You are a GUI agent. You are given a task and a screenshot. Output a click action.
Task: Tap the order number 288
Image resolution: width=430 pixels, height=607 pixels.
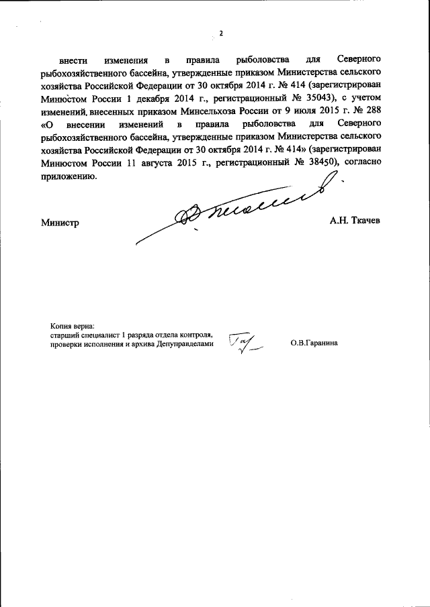pos(372,110)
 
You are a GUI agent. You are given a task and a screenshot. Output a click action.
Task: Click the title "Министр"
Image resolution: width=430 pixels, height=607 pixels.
pos(60,223)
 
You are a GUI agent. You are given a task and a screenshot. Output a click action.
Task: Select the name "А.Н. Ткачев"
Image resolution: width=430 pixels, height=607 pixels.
pos(355,221)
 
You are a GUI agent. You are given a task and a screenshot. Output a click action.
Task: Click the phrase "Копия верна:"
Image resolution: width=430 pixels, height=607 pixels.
pos(72,325)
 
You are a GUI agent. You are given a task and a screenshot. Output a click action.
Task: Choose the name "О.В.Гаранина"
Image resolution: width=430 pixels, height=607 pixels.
pos(314,343)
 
